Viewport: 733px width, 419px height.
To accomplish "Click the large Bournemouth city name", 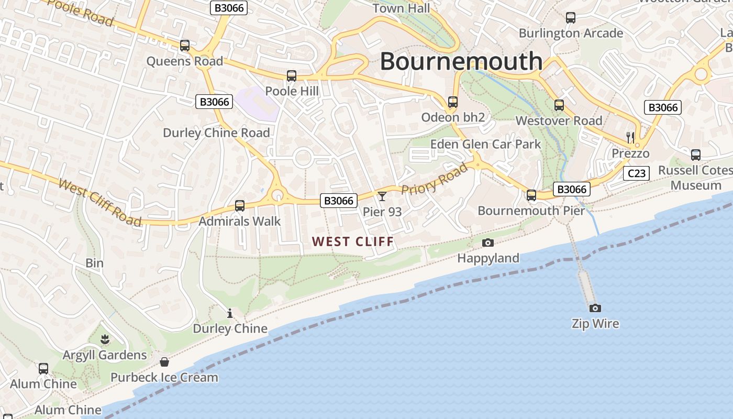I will pos(461,61).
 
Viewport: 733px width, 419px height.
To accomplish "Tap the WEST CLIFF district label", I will pos(352,241).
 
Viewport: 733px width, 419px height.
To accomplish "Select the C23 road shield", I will pos(636,173).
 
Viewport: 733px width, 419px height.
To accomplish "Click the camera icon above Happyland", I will pos(487,242).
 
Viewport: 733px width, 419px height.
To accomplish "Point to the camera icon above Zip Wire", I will pos(595,308).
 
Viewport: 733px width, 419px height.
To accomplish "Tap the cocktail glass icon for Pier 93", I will pos(382,196).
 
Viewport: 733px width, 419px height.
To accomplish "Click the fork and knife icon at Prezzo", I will pos(630,138).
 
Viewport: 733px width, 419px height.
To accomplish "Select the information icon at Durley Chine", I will pos(229,313).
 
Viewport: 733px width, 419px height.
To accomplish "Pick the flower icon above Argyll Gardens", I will pos(105,339).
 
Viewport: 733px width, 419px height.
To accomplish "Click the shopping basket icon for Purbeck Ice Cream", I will pos(164,361).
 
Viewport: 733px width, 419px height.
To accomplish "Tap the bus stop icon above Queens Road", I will pos(185,46).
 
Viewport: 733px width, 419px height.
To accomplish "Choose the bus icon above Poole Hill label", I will pos(292,76).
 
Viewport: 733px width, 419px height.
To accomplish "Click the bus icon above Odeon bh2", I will pos(453,102).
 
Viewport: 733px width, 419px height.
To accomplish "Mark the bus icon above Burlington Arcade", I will pos(571,18).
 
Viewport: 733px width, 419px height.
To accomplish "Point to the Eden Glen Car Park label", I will pos(485,144).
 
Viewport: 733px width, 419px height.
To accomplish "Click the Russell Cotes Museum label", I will pos(696,178).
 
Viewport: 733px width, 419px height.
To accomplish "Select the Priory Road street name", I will pos(434,179).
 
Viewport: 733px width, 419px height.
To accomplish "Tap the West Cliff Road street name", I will pos(99,202).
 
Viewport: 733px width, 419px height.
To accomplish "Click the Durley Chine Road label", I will pos(216,133).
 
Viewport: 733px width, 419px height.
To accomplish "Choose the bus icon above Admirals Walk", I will pos(240,206).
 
